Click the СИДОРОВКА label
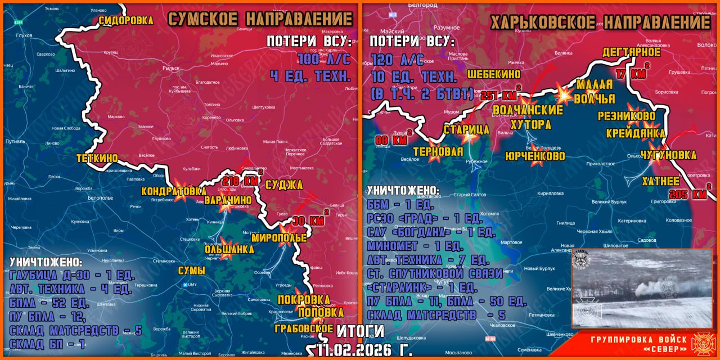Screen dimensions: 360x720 click(126, 20)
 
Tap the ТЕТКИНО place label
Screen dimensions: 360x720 click(97, 159)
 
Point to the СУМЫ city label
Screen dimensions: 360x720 click(191, 271)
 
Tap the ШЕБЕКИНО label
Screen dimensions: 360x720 click(494, 74)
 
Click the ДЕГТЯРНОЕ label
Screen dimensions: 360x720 click(631, 52)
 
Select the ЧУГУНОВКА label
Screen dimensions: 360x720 click(668, 155)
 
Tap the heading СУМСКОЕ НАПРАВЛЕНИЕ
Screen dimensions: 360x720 click(260, 19)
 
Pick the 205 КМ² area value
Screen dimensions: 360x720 click(689, 193)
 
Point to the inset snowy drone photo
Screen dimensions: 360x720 click(642, 288)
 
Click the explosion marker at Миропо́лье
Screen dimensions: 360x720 click(287, 229)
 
